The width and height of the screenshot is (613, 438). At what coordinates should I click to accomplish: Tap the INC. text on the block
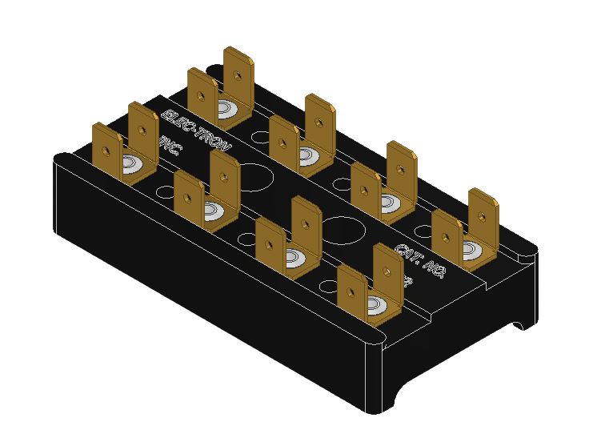171,147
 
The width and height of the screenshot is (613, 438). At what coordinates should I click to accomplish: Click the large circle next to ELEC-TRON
255,177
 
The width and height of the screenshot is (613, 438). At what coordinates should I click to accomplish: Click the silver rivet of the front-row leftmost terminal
131,166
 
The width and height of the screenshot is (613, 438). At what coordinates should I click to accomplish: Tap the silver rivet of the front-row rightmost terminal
375,305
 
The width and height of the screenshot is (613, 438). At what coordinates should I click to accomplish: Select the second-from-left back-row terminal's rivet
306,155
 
